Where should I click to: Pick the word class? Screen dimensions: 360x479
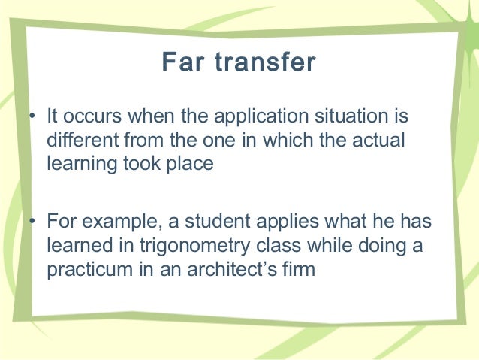pos(267,246)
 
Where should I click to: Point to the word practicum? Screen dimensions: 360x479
pos(84,268)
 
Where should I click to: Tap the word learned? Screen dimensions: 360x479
pos(76,246)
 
